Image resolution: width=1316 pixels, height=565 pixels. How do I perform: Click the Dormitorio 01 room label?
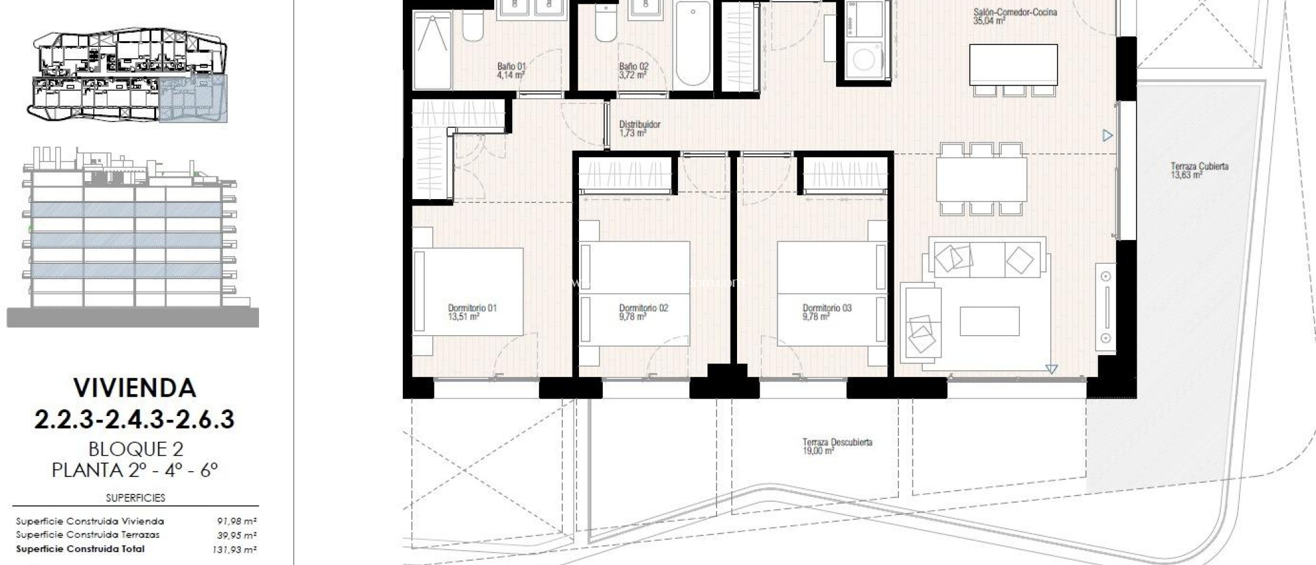click(472, 308)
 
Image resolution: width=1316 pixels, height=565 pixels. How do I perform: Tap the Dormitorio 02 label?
click(643, 308)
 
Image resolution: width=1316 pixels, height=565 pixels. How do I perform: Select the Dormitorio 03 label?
click(827, 308)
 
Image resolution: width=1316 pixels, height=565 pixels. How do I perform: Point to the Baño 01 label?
click(511, 66)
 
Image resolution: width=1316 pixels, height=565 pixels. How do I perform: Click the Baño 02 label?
click(634, 66)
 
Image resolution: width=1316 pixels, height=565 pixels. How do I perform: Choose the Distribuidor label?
click(639, 125)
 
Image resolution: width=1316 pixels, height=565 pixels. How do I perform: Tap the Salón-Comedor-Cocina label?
click(1015, 12)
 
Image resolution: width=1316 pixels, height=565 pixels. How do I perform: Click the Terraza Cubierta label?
click(1199, 166)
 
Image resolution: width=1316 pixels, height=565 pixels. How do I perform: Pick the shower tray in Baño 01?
click(432, 51)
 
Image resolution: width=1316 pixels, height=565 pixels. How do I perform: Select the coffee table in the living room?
click(989, 321)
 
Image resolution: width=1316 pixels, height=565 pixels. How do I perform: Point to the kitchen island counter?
click(1013, 64)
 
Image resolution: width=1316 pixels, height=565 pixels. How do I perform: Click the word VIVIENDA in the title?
click(134, 388)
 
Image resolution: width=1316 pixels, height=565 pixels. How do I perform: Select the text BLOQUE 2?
click(134, 449)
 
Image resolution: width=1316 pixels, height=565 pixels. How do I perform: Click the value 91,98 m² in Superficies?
click(236, 521)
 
